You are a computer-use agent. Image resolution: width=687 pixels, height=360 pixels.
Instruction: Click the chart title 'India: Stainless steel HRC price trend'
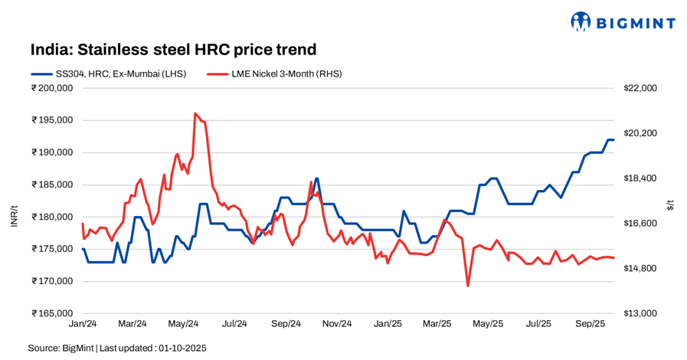pos(173,50)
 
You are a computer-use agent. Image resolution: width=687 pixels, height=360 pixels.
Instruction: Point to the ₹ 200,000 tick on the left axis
pos(52,88)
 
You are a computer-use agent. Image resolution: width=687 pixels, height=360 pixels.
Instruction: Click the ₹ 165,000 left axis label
pos(52,313)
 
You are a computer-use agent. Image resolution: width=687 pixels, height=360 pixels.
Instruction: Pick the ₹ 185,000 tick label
pos(52,185)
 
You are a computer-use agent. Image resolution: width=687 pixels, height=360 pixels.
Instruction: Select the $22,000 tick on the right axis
pos(640,88)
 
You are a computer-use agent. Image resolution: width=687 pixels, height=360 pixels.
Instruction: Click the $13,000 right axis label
pos(640,313)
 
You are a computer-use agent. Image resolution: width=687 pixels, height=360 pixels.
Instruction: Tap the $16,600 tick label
pos(640,224)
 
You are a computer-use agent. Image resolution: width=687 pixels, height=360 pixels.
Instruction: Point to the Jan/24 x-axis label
pos(81,325)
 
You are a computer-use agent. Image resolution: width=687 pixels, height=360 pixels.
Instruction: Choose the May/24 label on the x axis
pos(183,325)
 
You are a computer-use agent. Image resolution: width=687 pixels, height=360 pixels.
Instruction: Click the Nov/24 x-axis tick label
pos(335,325)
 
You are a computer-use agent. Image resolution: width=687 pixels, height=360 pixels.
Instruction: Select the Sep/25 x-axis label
pos(590,325)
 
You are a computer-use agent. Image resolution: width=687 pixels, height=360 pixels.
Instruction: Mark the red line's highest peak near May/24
pos(195,113)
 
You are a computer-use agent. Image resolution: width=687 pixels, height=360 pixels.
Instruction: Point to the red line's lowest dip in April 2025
pos(467,286)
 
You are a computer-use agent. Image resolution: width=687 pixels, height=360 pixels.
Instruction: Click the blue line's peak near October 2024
pos(316,178)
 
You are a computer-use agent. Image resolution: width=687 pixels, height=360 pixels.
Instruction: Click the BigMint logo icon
pos(582,21)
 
